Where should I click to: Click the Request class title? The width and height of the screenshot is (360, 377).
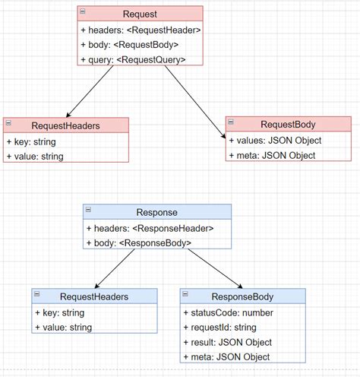(140, 14)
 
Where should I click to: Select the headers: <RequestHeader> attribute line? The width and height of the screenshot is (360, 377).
(141, 30)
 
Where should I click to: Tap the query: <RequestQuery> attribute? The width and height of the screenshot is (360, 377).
(133, 60)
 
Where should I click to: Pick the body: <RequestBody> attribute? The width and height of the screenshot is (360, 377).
(130, 45)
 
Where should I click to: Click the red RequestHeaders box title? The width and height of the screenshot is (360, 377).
(65, 126)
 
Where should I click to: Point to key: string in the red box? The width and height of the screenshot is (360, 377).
(31, 142)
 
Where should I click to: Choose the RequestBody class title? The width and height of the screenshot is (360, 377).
(288, 125)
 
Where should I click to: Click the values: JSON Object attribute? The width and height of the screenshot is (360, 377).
(275, 141)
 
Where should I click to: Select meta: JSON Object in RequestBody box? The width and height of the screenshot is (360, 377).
(272, 155)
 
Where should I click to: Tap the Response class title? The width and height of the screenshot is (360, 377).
(157, 212)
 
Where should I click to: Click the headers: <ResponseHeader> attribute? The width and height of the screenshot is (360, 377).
(150, 229)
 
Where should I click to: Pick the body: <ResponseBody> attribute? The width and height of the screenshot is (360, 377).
(139, 243)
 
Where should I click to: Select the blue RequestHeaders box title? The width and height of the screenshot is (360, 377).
(94, 296)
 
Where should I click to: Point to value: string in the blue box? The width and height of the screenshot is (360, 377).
(64, 328)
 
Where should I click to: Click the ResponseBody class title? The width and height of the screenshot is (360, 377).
(242, 296)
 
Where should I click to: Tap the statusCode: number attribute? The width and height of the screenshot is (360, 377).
(229, 313)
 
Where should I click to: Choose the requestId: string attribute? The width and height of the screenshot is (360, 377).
(220, 328)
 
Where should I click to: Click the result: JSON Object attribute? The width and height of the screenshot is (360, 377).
(228, 343)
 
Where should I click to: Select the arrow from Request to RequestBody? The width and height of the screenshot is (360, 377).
(195, 102)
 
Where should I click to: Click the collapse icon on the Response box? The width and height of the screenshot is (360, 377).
(88, 210)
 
